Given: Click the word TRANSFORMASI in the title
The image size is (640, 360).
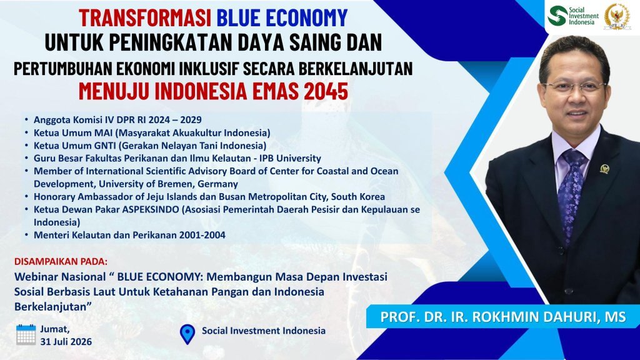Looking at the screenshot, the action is coord(145,17).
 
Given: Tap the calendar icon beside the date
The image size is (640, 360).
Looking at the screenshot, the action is coord(26,335).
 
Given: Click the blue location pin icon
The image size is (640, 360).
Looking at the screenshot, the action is coord(187,334).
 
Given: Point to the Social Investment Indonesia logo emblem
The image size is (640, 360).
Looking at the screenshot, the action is coord(557,16).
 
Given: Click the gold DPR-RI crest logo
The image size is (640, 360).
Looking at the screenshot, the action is coord(616,16).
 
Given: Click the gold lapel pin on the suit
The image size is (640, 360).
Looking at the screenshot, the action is coord(605,169).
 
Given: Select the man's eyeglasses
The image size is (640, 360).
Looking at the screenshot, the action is coord(574,86).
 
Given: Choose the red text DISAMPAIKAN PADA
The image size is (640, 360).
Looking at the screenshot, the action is coord(61,261).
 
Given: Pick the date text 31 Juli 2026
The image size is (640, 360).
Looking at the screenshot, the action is coord(66,342).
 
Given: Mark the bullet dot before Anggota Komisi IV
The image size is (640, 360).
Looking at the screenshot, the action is coord(26,119).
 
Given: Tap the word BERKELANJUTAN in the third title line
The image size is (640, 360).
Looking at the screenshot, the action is coord(356,69).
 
